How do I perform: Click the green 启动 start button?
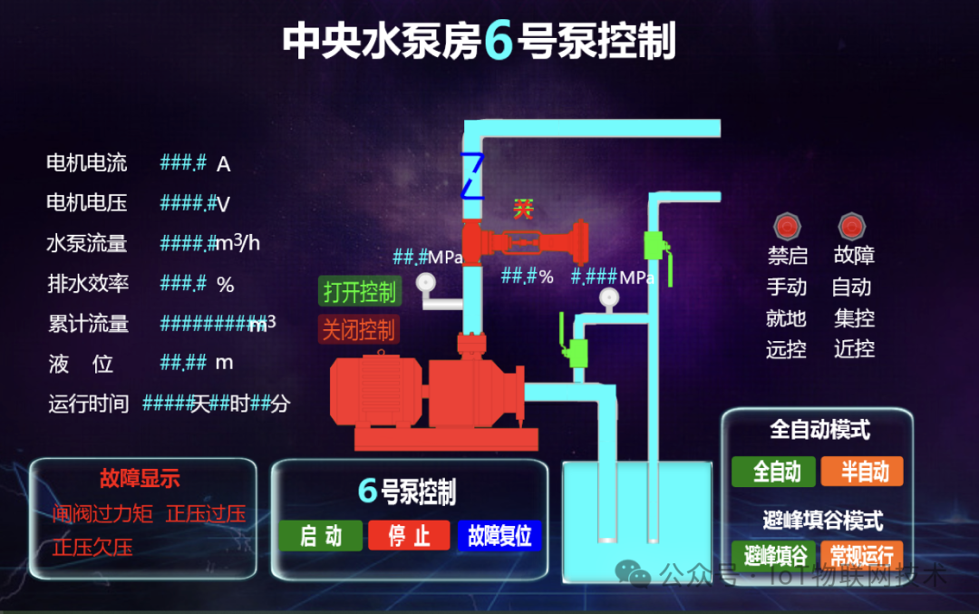pos(320,536)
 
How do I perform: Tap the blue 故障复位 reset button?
pos(499,536)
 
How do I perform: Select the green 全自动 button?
pos(777,472)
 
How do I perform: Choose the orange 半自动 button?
pos(862,472)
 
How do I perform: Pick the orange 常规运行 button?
pos(861,555)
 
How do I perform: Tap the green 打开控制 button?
pos(359,292)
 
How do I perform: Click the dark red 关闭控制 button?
pos(359,329)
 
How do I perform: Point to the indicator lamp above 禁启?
pos(785,227)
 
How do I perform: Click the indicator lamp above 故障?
pos(851,227)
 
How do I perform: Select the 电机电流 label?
pos(87,163)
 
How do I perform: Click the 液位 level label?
pos(81,364)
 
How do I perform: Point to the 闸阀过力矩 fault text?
pos(102,514)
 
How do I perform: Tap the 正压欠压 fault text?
pos(92,547)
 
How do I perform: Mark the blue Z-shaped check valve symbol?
pos(472,175)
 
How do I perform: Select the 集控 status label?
pos(854,318)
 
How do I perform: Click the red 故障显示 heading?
pos(140,478)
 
